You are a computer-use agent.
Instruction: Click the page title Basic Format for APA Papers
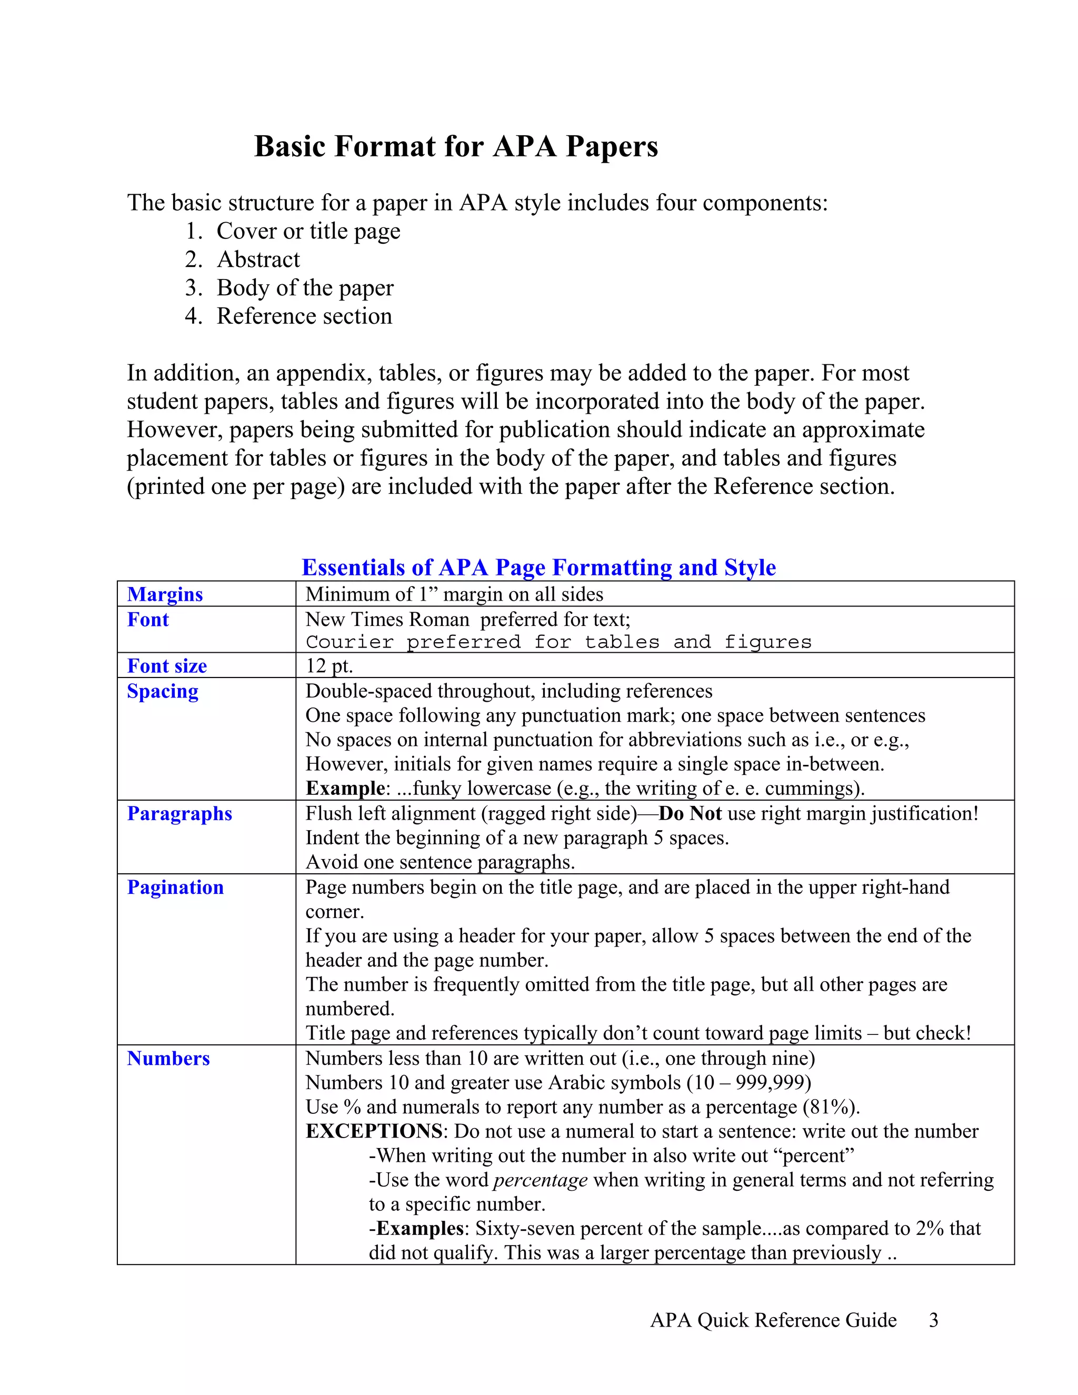pyautogui.click(x=456, y=146)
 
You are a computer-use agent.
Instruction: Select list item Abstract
pyautogui.click(x=258, y=260)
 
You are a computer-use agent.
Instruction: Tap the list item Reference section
pyautogui.click(x=304, y=316)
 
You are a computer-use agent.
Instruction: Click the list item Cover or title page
pyautogui.click(x=308, y=231)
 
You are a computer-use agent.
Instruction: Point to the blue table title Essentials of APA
pyautogui.click(x=538, y=567)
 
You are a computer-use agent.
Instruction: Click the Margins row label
pyautogui.click(x=165, y=594)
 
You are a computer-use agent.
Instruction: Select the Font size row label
pyautogui.click(x=167, y=665)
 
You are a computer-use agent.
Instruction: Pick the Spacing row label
pyautogui.click(x=162, y=691)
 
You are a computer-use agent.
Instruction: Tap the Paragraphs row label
pyautogui.click(x=179, y=814)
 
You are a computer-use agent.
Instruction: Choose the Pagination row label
pyautogui.click(x=175, y=887)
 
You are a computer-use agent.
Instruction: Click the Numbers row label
pyautogui.click(x=168, y=1059)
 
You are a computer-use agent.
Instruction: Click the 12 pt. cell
pyautogui.click(x=329, y=665)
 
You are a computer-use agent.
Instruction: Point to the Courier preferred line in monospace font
pyautogui.click(x=558, y=641)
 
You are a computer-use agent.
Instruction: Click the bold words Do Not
pyautogui.click(x=690, y=814)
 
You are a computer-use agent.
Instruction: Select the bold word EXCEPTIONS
pyautogui.click(x=374, y=1131)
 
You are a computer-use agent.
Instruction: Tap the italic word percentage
pyautogui.click(x=540, y=1180)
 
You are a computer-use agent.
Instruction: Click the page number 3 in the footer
pyautogui.click(x=933, y=1320)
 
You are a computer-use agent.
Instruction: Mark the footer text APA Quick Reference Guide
pyautogui.click(x=773, y=1320)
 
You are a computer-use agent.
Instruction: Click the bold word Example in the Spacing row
pyautogui.click(x=345, y=788)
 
